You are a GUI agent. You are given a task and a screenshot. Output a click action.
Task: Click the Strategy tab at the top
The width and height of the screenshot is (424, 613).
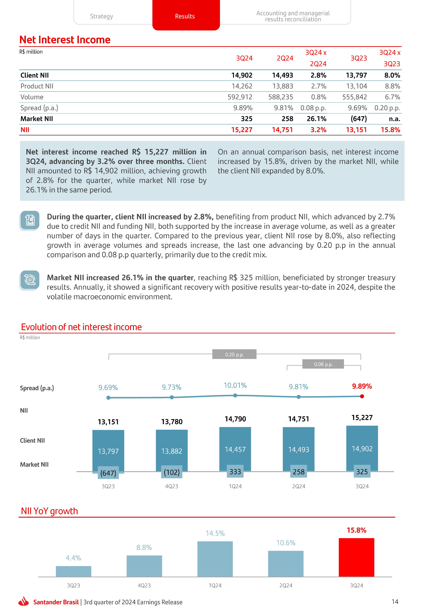[101, 16]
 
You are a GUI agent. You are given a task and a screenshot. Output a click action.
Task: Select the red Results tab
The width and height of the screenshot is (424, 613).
[185, 16]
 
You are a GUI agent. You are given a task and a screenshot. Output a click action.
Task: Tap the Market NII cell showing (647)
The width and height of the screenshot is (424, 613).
[358, 119]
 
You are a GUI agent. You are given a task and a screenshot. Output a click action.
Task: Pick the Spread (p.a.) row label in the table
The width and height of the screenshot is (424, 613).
[39, 108]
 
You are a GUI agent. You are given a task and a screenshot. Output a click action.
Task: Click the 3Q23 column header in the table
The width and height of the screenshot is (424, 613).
[358, 58]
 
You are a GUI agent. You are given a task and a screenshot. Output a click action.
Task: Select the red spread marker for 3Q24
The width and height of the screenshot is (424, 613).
[362, 396]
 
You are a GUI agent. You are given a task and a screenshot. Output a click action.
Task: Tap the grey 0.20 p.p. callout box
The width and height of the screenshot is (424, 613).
[234, 354]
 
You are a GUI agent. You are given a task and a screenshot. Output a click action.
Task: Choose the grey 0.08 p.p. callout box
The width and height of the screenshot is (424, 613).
[323, 364]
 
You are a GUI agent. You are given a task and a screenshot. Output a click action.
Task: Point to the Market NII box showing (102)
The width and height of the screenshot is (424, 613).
[172, 472]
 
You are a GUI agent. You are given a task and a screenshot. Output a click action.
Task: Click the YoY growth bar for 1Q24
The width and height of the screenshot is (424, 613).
[215, 559]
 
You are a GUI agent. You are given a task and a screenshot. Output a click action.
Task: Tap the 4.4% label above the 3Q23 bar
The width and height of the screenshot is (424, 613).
[73, 558]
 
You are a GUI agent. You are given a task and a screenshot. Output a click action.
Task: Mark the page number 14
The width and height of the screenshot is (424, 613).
[395, 601]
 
